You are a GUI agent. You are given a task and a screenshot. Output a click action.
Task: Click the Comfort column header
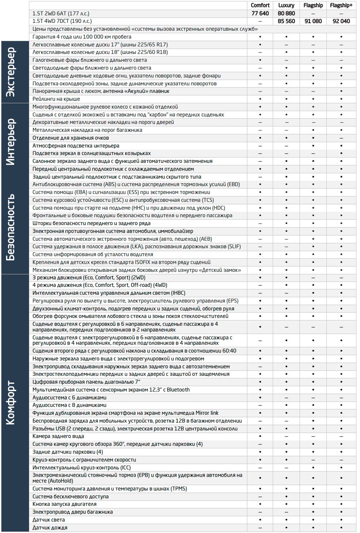click(x=260, y=5)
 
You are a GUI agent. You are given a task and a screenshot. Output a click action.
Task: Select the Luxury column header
click(x=286, y=5)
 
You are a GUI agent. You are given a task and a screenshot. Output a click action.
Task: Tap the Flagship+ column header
click(x=341, y=5)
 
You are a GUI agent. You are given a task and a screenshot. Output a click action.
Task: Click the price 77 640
click(x=260, y=14)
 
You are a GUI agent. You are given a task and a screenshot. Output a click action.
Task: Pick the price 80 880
click(x=286, y=14)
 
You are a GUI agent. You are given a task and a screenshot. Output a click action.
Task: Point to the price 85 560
click(x=286, y=21)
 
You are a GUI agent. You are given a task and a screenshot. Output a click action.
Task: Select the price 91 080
click(x=313, y=21)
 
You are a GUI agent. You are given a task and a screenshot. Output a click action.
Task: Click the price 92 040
click(x=341, y=21)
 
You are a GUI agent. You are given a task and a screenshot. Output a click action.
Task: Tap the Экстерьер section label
click(x=11, y=72)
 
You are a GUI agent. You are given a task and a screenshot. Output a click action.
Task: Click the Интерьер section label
click(x=11, y=142)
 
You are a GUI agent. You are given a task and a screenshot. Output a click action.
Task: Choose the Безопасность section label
click(x=11, y=227)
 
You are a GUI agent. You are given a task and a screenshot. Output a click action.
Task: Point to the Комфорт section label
click(x=11, y=403)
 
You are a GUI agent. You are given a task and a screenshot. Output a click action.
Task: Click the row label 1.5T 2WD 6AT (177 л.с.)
click(x=61, y=14)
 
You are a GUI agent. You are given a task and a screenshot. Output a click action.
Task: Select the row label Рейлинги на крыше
click(x=56, y=99)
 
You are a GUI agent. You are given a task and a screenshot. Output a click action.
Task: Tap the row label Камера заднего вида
click(x=58, y=436)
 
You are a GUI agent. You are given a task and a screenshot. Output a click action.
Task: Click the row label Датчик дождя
click(x=50, y=528)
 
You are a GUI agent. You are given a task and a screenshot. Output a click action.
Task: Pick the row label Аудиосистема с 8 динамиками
click(x=69, y=405)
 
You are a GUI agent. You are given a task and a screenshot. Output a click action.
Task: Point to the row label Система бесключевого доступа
click(x=70, y=497)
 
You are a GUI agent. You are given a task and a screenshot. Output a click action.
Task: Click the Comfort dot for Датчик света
click(x=260, y=520)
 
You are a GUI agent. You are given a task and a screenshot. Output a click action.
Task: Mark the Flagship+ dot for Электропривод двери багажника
click(x=341, y=512)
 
